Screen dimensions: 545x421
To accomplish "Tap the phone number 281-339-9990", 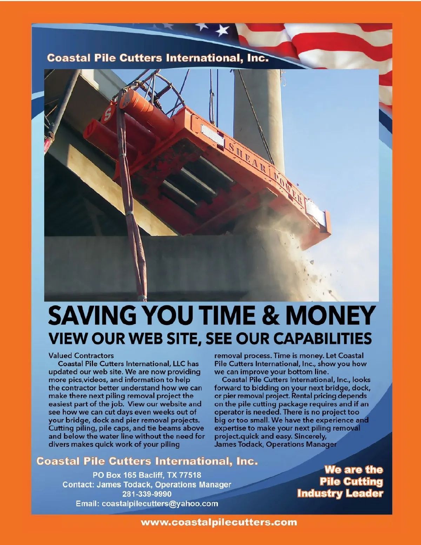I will click(147, 494).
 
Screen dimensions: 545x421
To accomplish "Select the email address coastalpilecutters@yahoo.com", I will click(160, 504).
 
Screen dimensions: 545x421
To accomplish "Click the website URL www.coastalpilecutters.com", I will click(219, 523).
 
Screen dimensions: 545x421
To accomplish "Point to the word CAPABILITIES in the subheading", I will click(322, 338).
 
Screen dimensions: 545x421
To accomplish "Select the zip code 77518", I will click(190, 475).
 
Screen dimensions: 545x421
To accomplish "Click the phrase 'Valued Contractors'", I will click(81, 355).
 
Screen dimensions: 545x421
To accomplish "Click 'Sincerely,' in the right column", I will click(310, 436).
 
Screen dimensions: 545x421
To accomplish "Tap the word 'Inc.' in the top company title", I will click(258, 58).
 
